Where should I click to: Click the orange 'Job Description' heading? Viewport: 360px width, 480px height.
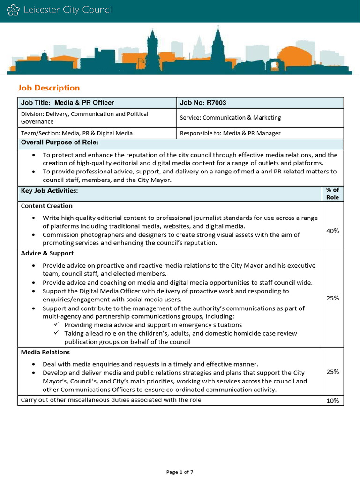click(49, 88)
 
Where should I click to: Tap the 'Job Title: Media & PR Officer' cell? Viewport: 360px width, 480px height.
click(67, 103)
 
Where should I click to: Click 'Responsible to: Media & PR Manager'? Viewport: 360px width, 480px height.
click(230, 133)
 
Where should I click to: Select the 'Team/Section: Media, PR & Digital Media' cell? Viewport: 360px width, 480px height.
click(77, 133)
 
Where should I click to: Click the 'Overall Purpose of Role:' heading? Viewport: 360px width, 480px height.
click(60, 142)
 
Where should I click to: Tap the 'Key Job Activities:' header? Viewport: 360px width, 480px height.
click(49, 191)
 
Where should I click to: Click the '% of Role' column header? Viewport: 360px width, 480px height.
click(332, 194)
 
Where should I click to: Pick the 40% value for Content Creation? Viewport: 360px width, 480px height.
click(332, 231)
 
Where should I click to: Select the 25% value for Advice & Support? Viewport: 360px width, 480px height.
click(332, 298)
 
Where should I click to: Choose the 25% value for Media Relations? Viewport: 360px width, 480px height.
click(332, 372)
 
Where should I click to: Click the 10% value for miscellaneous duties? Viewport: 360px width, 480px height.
click(332, 401)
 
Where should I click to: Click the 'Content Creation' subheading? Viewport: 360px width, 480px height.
click(47, 206)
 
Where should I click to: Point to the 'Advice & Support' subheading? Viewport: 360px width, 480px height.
click(47, 253)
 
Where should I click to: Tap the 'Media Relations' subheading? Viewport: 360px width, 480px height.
click(45, 352)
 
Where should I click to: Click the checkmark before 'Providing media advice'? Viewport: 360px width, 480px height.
click(56, 324)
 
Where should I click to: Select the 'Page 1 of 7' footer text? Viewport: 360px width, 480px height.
click(180, 472)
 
